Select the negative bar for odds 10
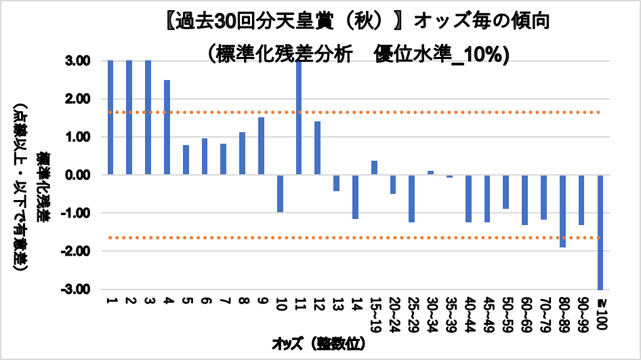pyautogui.click(x=280, y=193)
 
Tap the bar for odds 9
pyautogui.click(x=261, y=146)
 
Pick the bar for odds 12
pyautogui.click(x=317, y=148)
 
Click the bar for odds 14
pyautogui.click(x=355, y=197)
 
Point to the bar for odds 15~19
pyautogui.click(x=374, y=167)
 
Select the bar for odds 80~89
pyautogui.click(x=562, y=211)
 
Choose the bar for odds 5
pyautogui.click(x=186, y=159)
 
